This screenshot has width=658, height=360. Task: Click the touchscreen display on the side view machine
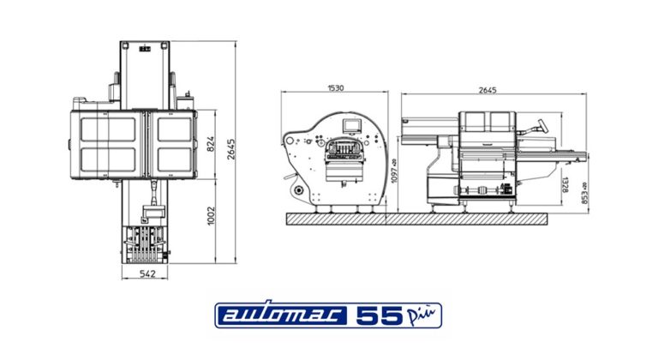[351, 127]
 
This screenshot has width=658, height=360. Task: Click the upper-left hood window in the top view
[107, 129]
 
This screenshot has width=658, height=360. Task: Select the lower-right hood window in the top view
[173, 159]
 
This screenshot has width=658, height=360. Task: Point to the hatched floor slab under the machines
[416, 219]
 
